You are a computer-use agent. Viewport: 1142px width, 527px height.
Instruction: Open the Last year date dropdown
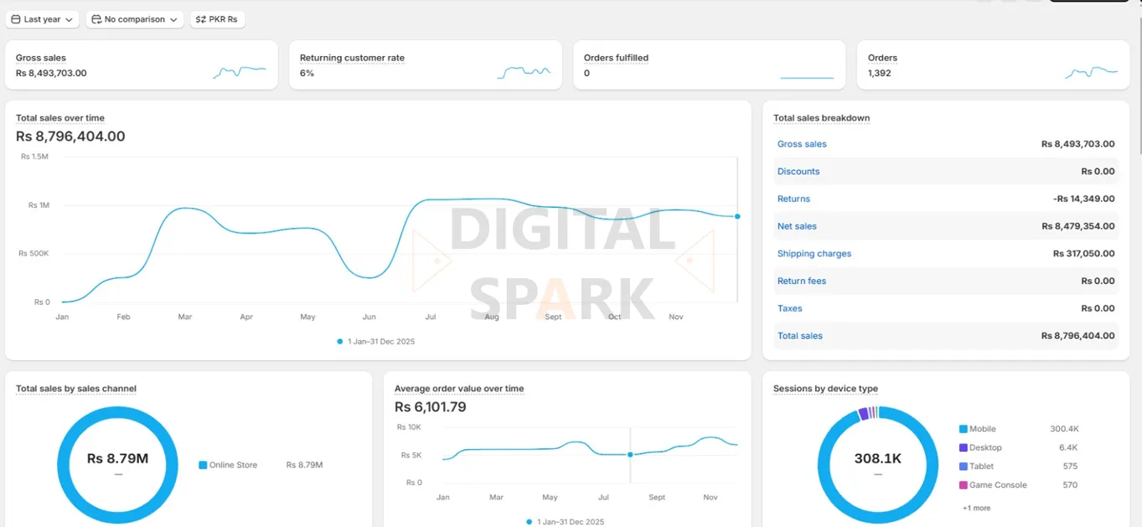pos(42,19)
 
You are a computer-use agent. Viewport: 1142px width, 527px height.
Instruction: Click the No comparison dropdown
pos(135,19)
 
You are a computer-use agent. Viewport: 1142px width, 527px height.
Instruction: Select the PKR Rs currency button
pos(218,19)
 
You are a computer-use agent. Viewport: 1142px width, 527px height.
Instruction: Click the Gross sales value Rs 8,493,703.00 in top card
pos(51,74)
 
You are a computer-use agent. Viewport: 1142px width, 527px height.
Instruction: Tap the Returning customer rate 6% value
pos(307,74)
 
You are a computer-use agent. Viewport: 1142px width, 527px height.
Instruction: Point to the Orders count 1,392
pos(879,74)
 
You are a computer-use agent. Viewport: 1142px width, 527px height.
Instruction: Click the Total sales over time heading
pos(60,118)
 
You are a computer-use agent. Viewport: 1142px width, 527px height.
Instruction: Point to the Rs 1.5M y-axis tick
pos(34,157)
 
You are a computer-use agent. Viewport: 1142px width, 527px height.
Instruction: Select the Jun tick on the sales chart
pos(369,318)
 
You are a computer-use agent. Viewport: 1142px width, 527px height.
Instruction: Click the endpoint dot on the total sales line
pos(737,216)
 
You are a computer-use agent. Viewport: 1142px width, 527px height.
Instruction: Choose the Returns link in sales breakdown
pos(793,199)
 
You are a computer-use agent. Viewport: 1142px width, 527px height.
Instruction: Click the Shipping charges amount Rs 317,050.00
pos(1083,254)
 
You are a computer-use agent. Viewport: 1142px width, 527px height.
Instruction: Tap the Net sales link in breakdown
pos(797,226)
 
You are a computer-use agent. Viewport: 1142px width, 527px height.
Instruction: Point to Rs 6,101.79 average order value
pos(430,407)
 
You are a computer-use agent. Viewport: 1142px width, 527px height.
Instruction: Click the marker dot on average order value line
pos(630,455)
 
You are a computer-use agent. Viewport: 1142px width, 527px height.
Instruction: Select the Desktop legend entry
pos(985,447)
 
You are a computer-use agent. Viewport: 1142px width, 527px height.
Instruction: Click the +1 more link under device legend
pos(976,508)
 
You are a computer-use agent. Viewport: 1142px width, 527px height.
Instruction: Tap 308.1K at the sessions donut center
pos(877,459)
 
